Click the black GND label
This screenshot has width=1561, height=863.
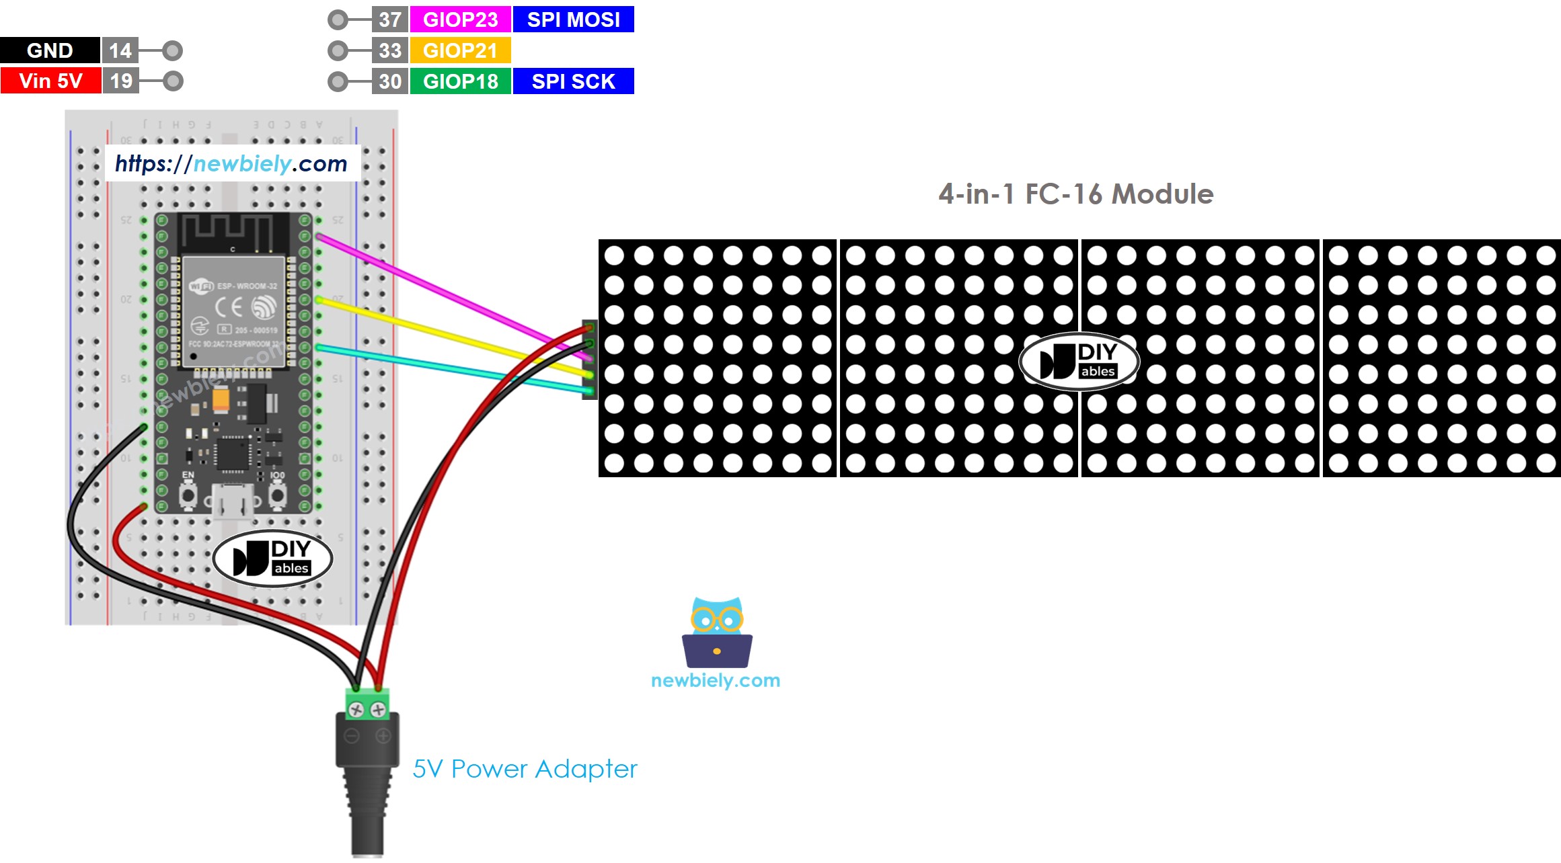pyautogui.click(x=50, y=50)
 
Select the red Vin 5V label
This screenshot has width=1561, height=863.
pyautogui.click(x=50, y=81)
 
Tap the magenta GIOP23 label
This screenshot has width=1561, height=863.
pyautogui.click(x=460, y=19)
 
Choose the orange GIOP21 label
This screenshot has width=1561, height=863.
pyautogui.click(x=460, y=50)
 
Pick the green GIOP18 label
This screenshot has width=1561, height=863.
pyautogui.click(x=460, y=81)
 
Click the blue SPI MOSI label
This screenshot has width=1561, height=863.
pyautogui.click(x=573, y=19)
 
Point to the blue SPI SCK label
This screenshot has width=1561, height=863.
pyautogui.click(x=573, y=81)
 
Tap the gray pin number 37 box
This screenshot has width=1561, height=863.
pyautogui.click(x=389, y=19)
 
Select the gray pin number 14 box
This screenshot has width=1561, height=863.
pyautogui.click(x=120, y=50)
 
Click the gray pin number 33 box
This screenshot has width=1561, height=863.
pyautogui.click(x=389, y=50)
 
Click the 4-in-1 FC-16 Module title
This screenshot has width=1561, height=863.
pyautogui.click(x=1075, y=194)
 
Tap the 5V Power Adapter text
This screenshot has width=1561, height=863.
pyautogui.click(x=525, y=769)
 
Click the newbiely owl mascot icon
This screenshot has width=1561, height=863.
pyautogui.click(x=717, y=632)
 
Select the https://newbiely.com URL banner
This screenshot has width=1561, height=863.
pyautogui.click(x=231, y=163)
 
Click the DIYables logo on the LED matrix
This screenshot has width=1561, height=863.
pyautogui.click(x=1079, y=361)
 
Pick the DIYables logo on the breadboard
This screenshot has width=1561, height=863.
pyautogui.click(x=272, y=559)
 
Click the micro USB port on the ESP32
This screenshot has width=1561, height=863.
pyautogui.click(x=233, y=501)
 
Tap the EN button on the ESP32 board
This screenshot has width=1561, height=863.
pyautogui.click(x=188, y=496)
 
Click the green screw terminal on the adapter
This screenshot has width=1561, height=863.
pyautogui.click(x=367, y=704)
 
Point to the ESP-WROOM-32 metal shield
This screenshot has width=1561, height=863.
pyautogui.click(x=232, y=311)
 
